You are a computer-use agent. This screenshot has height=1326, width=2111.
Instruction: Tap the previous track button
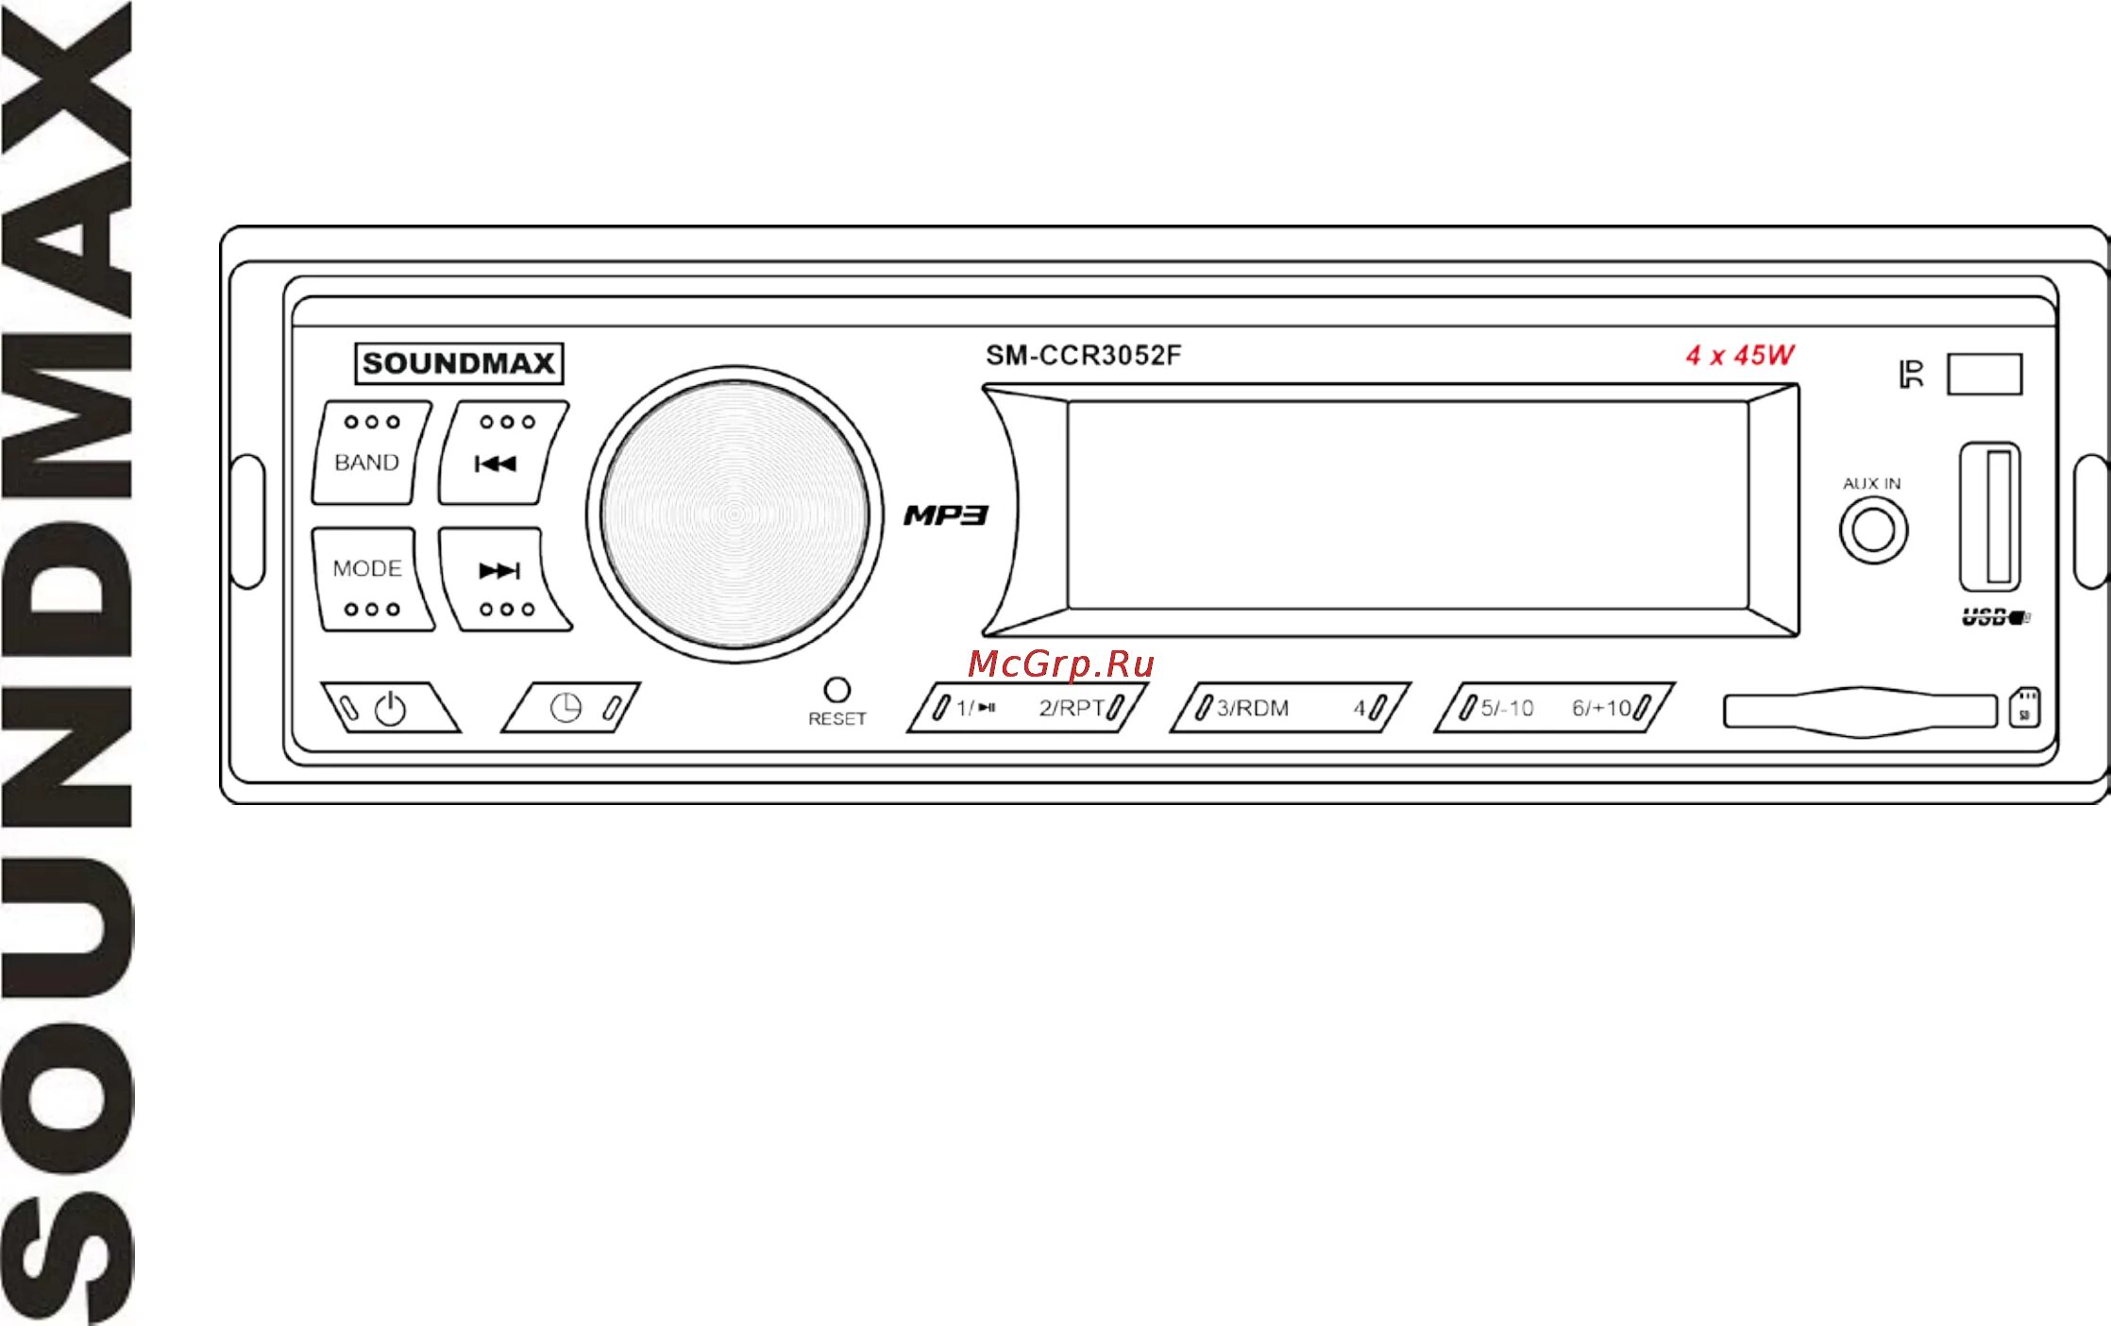(501, 453)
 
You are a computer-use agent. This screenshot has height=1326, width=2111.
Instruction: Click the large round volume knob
(735, 514)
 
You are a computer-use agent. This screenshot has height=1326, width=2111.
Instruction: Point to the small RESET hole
(836, 689)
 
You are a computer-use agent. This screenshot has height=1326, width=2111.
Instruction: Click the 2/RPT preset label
(1072, 708)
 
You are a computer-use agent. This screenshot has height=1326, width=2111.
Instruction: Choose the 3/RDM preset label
(1252, 708)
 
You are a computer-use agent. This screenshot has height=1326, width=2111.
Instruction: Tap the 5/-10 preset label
(1507, 708)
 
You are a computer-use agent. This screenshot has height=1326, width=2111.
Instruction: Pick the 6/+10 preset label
(1601, 708)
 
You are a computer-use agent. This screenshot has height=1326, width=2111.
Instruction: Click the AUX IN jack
(1873, 530)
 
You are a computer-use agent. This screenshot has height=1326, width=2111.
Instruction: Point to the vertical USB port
(1990, 517)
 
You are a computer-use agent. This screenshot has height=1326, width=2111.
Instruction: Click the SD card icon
(2024, 708)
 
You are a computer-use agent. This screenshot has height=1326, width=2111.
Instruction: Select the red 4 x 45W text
(1739, 356)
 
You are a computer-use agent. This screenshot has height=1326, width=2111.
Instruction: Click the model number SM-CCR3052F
(1083, 356)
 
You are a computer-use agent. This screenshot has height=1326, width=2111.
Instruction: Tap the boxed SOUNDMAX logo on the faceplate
(459, 363)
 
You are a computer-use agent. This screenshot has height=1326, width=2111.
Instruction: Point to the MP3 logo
(946, 515)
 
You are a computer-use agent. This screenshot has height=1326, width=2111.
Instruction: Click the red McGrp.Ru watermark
(1060, 664)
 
